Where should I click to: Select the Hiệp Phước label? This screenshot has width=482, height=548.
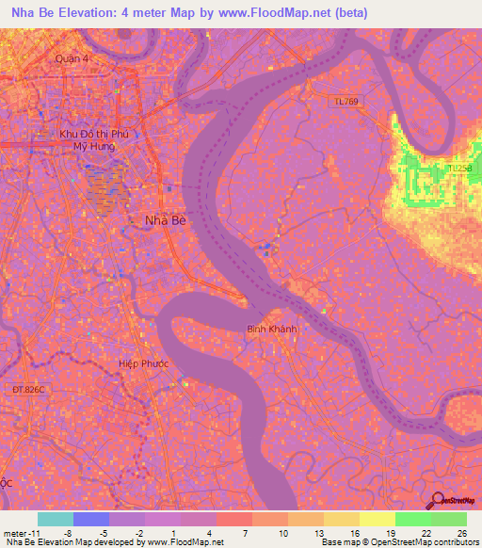142,362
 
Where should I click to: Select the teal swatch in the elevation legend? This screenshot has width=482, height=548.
55,519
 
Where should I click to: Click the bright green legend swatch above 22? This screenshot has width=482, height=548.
412,519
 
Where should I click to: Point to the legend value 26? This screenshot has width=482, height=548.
461,532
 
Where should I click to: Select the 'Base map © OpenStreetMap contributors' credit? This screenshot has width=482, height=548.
399,542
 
